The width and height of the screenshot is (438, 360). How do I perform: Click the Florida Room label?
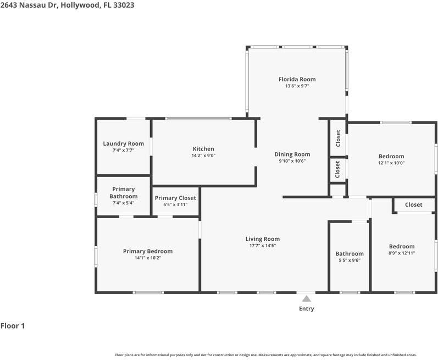tap(297, 79)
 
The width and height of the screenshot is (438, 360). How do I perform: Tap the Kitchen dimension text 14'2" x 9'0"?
tap(203, 156)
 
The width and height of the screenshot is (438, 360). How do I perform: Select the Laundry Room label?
tap(124, 143)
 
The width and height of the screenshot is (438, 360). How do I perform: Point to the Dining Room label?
tap(292, 154)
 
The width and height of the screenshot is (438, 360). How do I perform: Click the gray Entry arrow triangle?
tap(307, 299)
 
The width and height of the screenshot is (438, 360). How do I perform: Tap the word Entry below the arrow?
tap(307, 309)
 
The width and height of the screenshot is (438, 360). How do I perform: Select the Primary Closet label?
tap(175, 198)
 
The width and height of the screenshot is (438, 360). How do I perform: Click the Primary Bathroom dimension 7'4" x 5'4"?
tap(124, 203)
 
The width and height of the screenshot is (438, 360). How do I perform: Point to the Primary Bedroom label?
tap(148, 251)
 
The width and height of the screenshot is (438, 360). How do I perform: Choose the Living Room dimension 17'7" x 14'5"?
tap(263, 246)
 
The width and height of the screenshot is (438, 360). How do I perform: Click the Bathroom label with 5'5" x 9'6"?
tap(350, 253)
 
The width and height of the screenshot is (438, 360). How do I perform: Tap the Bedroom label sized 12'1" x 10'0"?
tap(391, 157)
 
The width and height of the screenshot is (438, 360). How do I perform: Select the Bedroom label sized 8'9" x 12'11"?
tap(402, 246)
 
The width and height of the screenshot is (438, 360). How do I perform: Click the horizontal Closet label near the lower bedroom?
tap(414, 204)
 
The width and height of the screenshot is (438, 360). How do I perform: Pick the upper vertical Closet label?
tap(338, 139)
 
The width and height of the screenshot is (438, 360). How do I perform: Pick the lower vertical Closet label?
tap(337, 169)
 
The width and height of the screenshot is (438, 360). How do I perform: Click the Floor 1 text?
tap(13, 326)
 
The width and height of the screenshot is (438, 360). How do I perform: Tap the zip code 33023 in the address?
tap(124, 5)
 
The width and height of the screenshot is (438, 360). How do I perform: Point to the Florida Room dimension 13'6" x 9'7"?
tap(297, 86)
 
